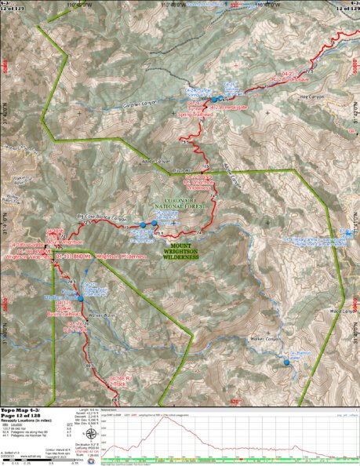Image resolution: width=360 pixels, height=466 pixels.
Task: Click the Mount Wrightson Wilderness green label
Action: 181,252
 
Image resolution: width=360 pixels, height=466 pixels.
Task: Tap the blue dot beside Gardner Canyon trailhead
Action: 216,100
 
